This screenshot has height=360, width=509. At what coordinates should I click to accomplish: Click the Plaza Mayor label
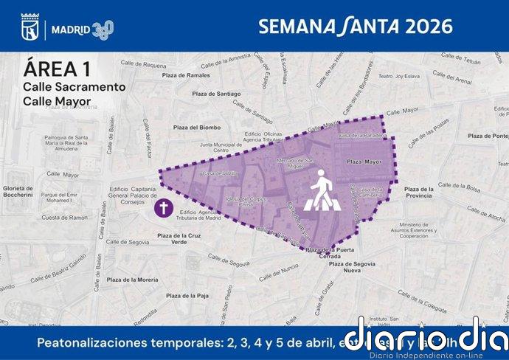(x=364, y=161)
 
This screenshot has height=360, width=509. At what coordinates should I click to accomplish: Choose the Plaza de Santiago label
(x=216, y=94)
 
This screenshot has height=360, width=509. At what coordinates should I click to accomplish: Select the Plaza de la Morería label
(x=132, y=280)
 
